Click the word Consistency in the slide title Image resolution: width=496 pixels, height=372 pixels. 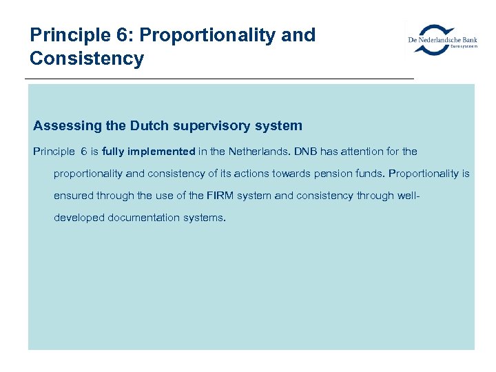point(87,59)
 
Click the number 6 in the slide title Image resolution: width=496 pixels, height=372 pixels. point(123,35)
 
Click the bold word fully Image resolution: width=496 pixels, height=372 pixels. point(112,152)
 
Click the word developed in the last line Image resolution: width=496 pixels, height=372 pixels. point(79,218)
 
